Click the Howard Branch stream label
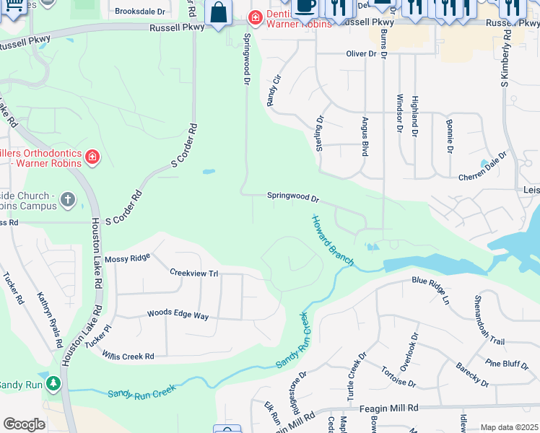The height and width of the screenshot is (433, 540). (x=332, y=240)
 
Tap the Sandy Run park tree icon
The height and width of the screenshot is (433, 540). (x=53, y=383)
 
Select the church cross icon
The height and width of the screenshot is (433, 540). (x=68, y=199)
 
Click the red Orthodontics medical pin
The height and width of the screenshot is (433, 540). (x=92, y=157)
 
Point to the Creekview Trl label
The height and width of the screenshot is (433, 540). (x=193, y=274)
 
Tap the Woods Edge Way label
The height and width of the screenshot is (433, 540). (x=178, y=315)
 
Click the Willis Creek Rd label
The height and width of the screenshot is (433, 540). (x=129, y=357)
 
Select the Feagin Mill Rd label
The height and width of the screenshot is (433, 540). (x=393, y=408)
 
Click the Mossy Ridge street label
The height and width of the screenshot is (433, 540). (x=127, y=258)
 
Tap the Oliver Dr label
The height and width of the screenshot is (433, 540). (x=362, y=53)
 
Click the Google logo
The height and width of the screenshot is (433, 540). (x=24, y=424)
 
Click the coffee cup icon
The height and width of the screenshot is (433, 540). (x=306, y=4)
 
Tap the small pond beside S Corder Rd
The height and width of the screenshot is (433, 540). (x=209, y=172)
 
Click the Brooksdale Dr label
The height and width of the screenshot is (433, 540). (x=140, y=12)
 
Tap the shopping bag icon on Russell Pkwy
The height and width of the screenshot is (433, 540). (x=217, y=12)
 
